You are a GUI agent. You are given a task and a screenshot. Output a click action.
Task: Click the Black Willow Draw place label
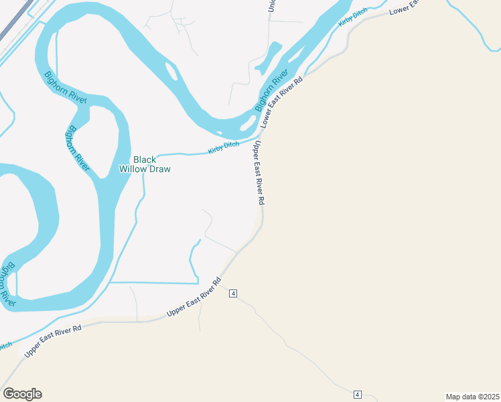[145, 164]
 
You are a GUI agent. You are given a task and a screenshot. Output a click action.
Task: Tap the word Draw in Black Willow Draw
[159, 169]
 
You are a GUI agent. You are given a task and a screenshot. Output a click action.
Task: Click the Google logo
[22, 394]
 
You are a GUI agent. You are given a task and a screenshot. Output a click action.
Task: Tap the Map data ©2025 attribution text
[472, 396]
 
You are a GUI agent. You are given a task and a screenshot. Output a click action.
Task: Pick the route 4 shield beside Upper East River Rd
[233, 293]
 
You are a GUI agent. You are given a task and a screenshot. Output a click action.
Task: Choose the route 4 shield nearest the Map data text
[357, 394]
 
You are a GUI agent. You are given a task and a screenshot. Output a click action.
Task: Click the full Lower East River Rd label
[282, 101]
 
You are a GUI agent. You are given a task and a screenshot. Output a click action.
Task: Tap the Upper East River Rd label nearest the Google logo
[53, 340]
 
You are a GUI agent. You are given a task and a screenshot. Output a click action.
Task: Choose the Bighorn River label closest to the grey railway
[65, 86]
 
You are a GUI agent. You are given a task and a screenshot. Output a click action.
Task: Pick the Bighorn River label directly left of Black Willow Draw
[78, 148]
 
